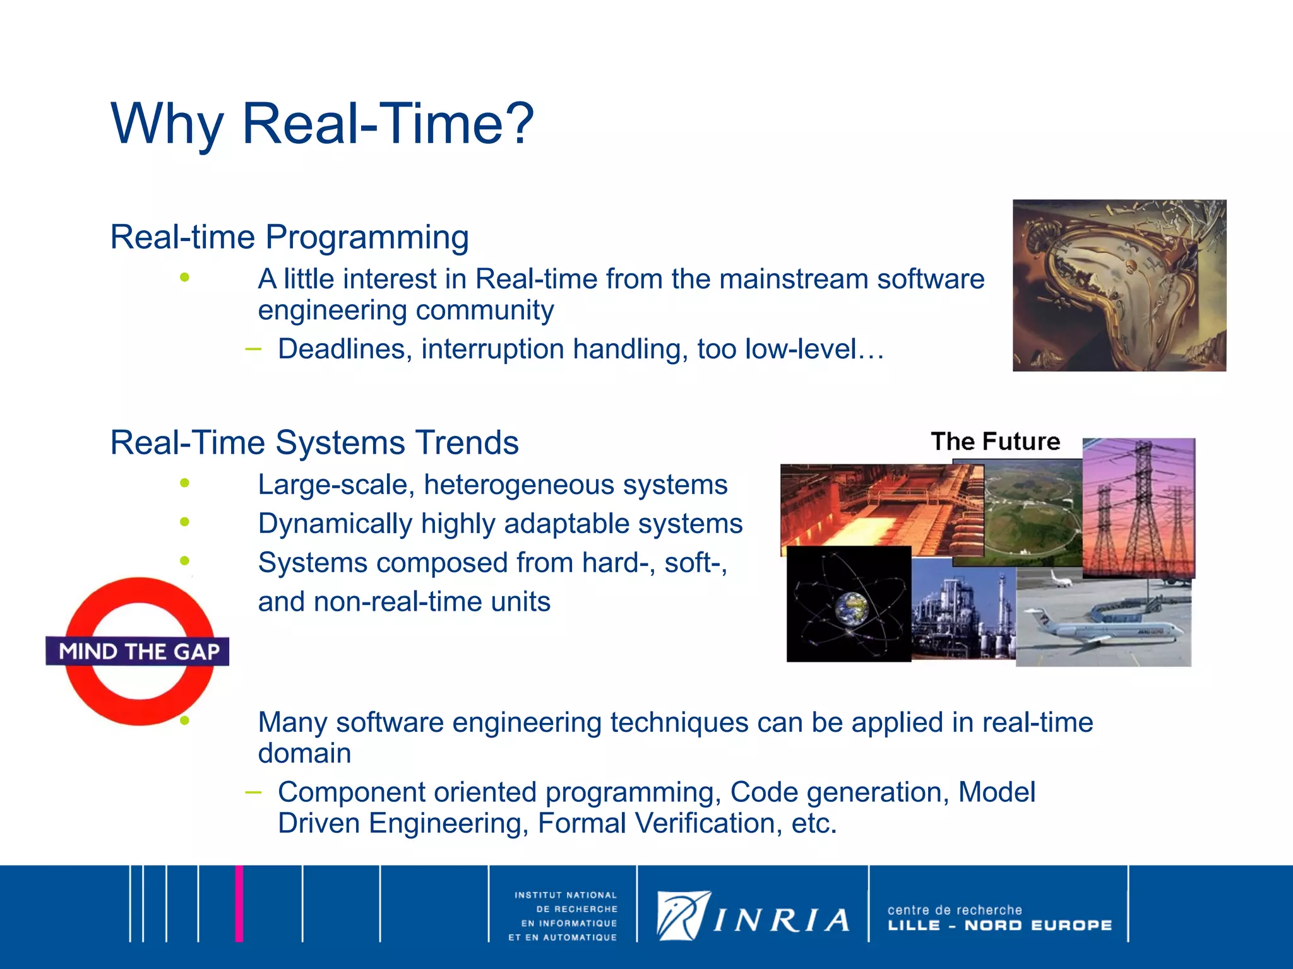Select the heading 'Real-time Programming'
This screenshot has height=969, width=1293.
coord(289,237)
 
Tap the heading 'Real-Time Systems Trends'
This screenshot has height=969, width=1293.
coord(314,442)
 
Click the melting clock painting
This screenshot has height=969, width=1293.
coord(1119,285)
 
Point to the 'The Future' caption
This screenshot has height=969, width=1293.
coord(995,441)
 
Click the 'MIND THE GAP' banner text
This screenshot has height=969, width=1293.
coord(139,652)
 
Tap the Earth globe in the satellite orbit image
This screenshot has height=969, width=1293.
coord(851,608)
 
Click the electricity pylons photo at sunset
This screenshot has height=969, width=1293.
coord(1138,508)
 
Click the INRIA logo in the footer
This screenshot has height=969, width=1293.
coord(753,916)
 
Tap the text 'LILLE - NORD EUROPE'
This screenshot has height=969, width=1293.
coord(999,925)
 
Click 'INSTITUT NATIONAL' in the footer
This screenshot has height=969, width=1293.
coord(565,895)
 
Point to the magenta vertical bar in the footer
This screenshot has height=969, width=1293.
coord(239,903)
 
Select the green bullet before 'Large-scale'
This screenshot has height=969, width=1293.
coord(184,483)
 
